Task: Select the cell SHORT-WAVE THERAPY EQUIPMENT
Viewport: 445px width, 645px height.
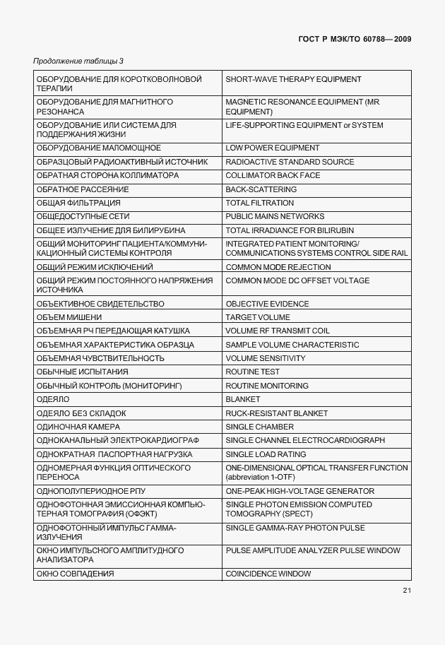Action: click(293, 80)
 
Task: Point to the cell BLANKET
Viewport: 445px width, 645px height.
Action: click(243, 400)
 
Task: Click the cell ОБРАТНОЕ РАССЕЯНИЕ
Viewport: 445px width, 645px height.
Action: click(82, 189)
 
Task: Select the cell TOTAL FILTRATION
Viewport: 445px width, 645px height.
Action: click(259, 203)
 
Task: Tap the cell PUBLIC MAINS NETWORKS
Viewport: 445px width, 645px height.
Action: click(275, 216)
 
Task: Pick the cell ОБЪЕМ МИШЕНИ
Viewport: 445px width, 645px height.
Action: click(69, 317)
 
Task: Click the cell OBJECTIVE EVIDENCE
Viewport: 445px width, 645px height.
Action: click(267, 304)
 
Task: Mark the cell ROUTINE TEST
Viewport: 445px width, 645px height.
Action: click(252, 372)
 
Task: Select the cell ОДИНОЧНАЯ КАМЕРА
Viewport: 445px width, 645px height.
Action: click(78, 427)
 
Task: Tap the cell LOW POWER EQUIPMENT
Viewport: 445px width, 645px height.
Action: click(272, 148)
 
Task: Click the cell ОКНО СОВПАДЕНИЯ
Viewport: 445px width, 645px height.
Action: click(75, 574)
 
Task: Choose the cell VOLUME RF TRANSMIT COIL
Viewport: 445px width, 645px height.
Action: click(278, 331)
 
